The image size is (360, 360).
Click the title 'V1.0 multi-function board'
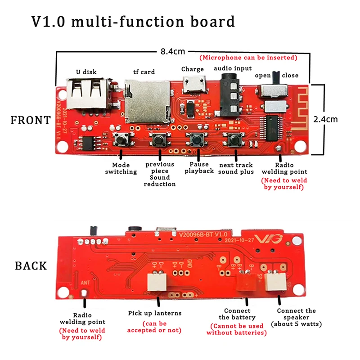(133, 22)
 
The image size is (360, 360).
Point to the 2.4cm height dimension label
(338, 119)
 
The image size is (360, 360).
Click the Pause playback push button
(197, 139)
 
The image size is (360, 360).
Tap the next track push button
(234, 140)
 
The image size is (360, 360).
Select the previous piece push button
(158, 140)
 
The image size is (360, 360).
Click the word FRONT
(31, 120)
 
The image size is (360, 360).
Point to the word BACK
(31, 265)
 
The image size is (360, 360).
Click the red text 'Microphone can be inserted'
(249, 58)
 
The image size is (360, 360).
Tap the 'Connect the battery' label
(237, 314)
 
